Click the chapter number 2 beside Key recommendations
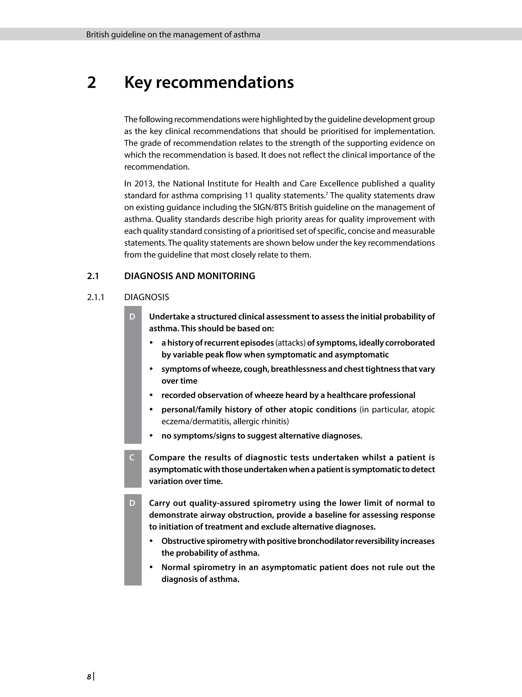[x=91, y=82]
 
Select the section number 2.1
[x=93, y=276]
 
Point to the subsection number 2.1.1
[x=96, y=297]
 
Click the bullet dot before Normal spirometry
[x=152, y=568]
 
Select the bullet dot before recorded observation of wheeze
[x=152, y=395]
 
